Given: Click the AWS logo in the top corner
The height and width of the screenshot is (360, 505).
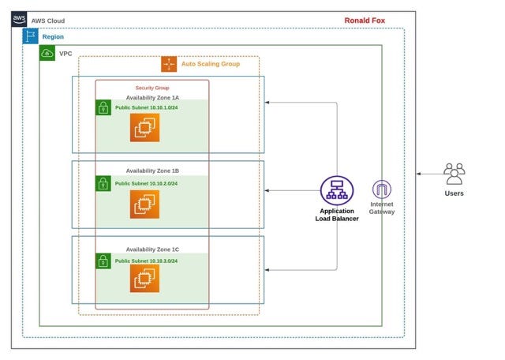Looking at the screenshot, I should [19, 20].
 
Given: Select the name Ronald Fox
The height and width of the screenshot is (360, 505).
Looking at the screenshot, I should [365, 21].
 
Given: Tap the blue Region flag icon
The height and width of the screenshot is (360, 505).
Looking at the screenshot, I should [31, 36].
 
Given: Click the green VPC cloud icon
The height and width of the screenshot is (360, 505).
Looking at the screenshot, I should [47, 53].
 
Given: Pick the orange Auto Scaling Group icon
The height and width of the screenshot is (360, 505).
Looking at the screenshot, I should [169, 64].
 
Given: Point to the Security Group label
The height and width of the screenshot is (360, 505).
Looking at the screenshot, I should [152, 88].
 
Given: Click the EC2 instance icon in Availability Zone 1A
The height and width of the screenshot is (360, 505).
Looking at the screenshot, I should [144, 127].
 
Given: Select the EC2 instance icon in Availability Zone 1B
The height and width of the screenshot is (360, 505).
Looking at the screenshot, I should [144, 204].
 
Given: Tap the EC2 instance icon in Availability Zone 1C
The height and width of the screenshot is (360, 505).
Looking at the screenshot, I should [144, 278].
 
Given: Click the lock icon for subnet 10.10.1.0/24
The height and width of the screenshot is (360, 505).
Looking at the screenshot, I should [103, 108].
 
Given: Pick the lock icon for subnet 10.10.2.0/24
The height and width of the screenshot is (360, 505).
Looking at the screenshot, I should [103, 184].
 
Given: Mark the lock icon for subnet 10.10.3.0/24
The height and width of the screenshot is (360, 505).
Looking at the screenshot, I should [103, 261].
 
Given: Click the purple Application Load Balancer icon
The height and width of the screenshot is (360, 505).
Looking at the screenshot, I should [337, 191].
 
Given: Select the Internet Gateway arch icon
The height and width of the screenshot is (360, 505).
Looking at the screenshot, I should [382, 189].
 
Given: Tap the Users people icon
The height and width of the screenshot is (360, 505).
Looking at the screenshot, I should [454, 174].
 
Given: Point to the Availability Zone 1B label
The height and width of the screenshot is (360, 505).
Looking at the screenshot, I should [152, 171].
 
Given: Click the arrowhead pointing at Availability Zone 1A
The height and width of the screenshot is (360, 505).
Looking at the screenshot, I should [269, 103].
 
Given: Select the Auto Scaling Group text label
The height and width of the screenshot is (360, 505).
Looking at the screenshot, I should [210, 64].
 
